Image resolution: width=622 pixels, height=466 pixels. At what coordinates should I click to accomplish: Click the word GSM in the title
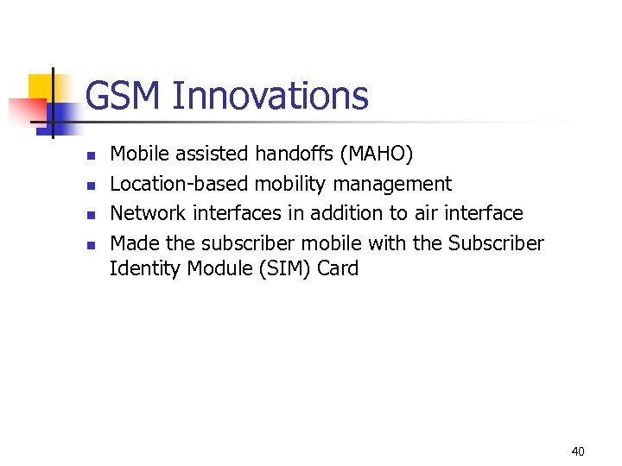(124, 96)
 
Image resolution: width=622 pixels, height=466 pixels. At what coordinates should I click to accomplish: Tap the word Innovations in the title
(270, 96)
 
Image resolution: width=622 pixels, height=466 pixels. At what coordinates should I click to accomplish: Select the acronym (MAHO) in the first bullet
(378, 154)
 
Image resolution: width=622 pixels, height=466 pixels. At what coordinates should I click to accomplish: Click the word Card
(338, 268)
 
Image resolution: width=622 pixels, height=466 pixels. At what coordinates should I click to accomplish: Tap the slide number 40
(578, 451)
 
